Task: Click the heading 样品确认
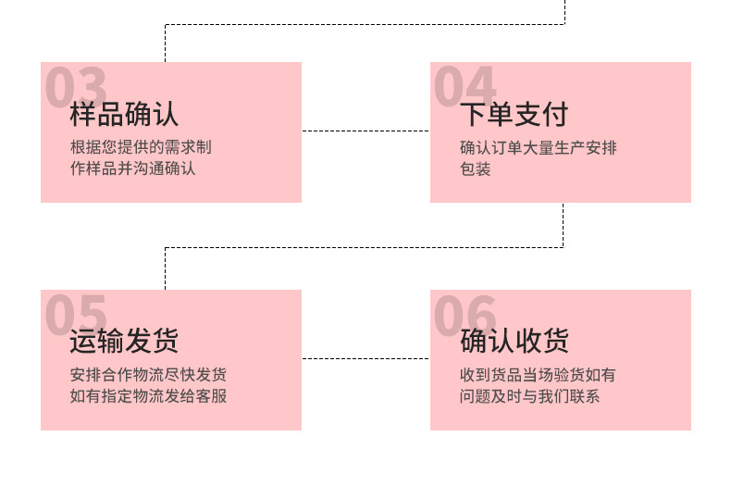point(124,115)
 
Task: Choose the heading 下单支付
point(514,115)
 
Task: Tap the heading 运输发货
point(124,342)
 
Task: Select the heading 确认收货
point(514,342)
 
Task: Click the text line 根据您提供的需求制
point(141,147)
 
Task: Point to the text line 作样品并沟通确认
point(132,168)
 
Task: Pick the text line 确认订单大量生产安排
point(538,147)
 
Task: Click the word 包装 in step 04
point(475,168)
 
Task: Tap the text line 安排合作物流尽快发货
point(148,375)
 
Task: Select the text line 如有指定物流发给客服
point(148,396)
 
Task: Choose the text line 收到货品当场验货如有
point(538,375)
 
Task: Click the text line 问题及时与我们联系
point(529,396)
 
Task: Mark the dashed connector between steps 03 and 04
point(365,131)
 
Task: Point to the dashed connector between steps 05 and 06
point(365,358)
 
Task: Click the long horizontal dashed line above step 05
point(364,247)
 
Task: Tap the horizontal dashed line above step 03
point(364,25)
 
